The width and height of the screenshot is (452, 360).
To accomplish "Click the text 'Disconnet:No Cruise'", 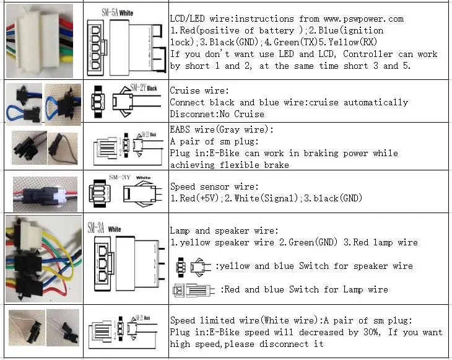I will point(217,114).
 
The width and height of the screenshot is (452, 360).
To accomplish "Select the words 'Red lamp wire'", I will point(386,242).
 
